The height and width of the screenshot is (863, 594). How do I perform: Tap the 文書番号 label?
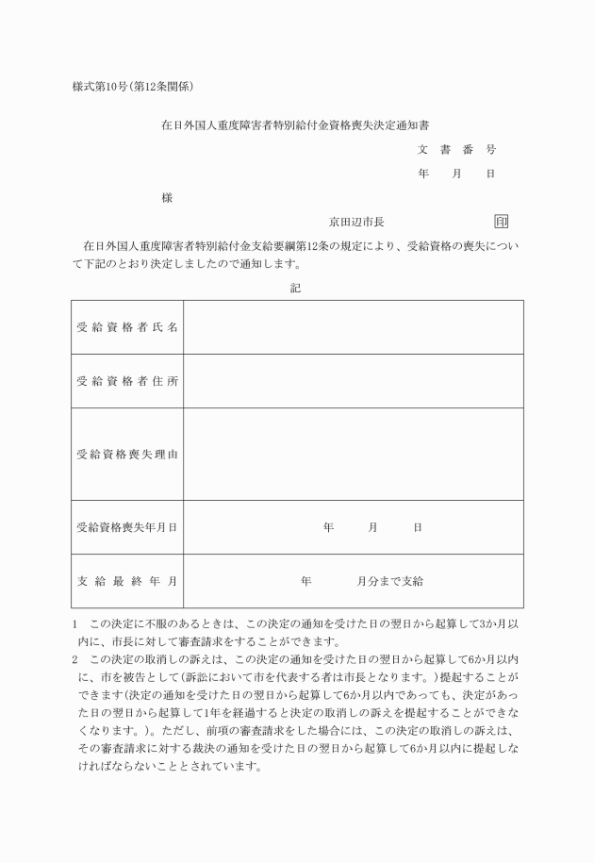(x=456, y=149)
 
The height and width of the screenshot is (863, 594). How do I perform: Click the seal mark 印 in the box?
(x=501, y=223)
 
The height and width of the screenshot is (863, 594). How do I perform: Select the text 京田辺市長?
(x=355, y=223)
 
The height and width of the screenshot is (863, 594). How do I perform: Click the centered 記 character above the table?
(x=295, y=289)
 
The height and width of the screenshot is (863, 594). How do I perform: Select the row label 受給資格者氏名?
(x=127, y=327)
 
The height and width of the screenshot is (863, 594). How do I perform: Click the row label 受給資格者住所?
(x=127, y=381)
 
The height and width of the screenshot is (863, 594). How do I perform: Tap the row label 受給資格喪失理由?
(x=127, y=454)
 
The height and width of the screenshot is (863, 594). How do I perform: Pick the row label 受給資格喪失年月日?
(x=127, y=527)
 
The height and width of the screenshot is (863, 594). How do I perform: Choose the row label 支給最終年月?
(x=127, y=581)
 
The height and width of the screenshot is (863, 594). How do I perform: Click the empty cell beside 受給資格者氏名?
(x=353, y=327)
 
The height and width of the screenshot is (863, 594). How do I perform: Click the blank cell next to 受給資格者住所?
(x=353, y=381)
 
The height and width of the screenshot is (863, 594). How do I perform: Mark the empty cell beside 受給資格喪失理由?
(x=353, y=454)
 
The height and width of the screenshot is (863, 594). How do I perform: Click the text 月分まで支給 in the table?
(x=389, y=581)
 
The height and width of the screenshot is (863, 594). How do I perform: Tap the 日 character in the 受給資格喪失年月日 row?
(x=417, y=527)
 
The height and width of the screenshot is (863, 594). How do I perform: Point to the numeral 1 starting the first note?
(x=74, y=624)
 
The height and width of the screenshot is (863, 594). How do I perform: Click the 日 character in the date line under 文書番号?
(x=490, y=174)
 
